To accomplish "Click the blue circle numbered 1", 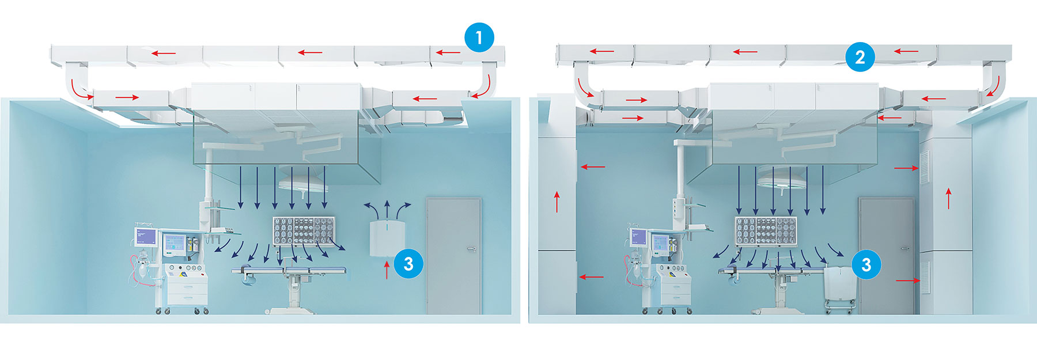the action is [x=479, y=38].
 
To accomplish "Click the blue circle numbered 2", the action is [x=860, y=56].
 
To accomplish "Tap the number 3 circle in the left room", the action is [x=408, y=264].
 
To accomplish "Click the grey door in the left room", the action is [x=453, y=256].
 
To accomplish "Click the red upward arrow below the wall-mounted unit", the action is [x=387, y=270].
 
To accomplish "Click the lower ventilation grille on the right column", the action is [x=925, y=277].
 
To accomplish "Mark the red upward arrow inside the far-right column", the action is [x=948, y=198].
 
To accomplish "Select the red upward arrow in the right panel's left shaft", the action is [x=557, y=202].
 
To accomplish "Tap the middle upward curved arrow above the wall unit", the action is [x=387, y=207].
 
